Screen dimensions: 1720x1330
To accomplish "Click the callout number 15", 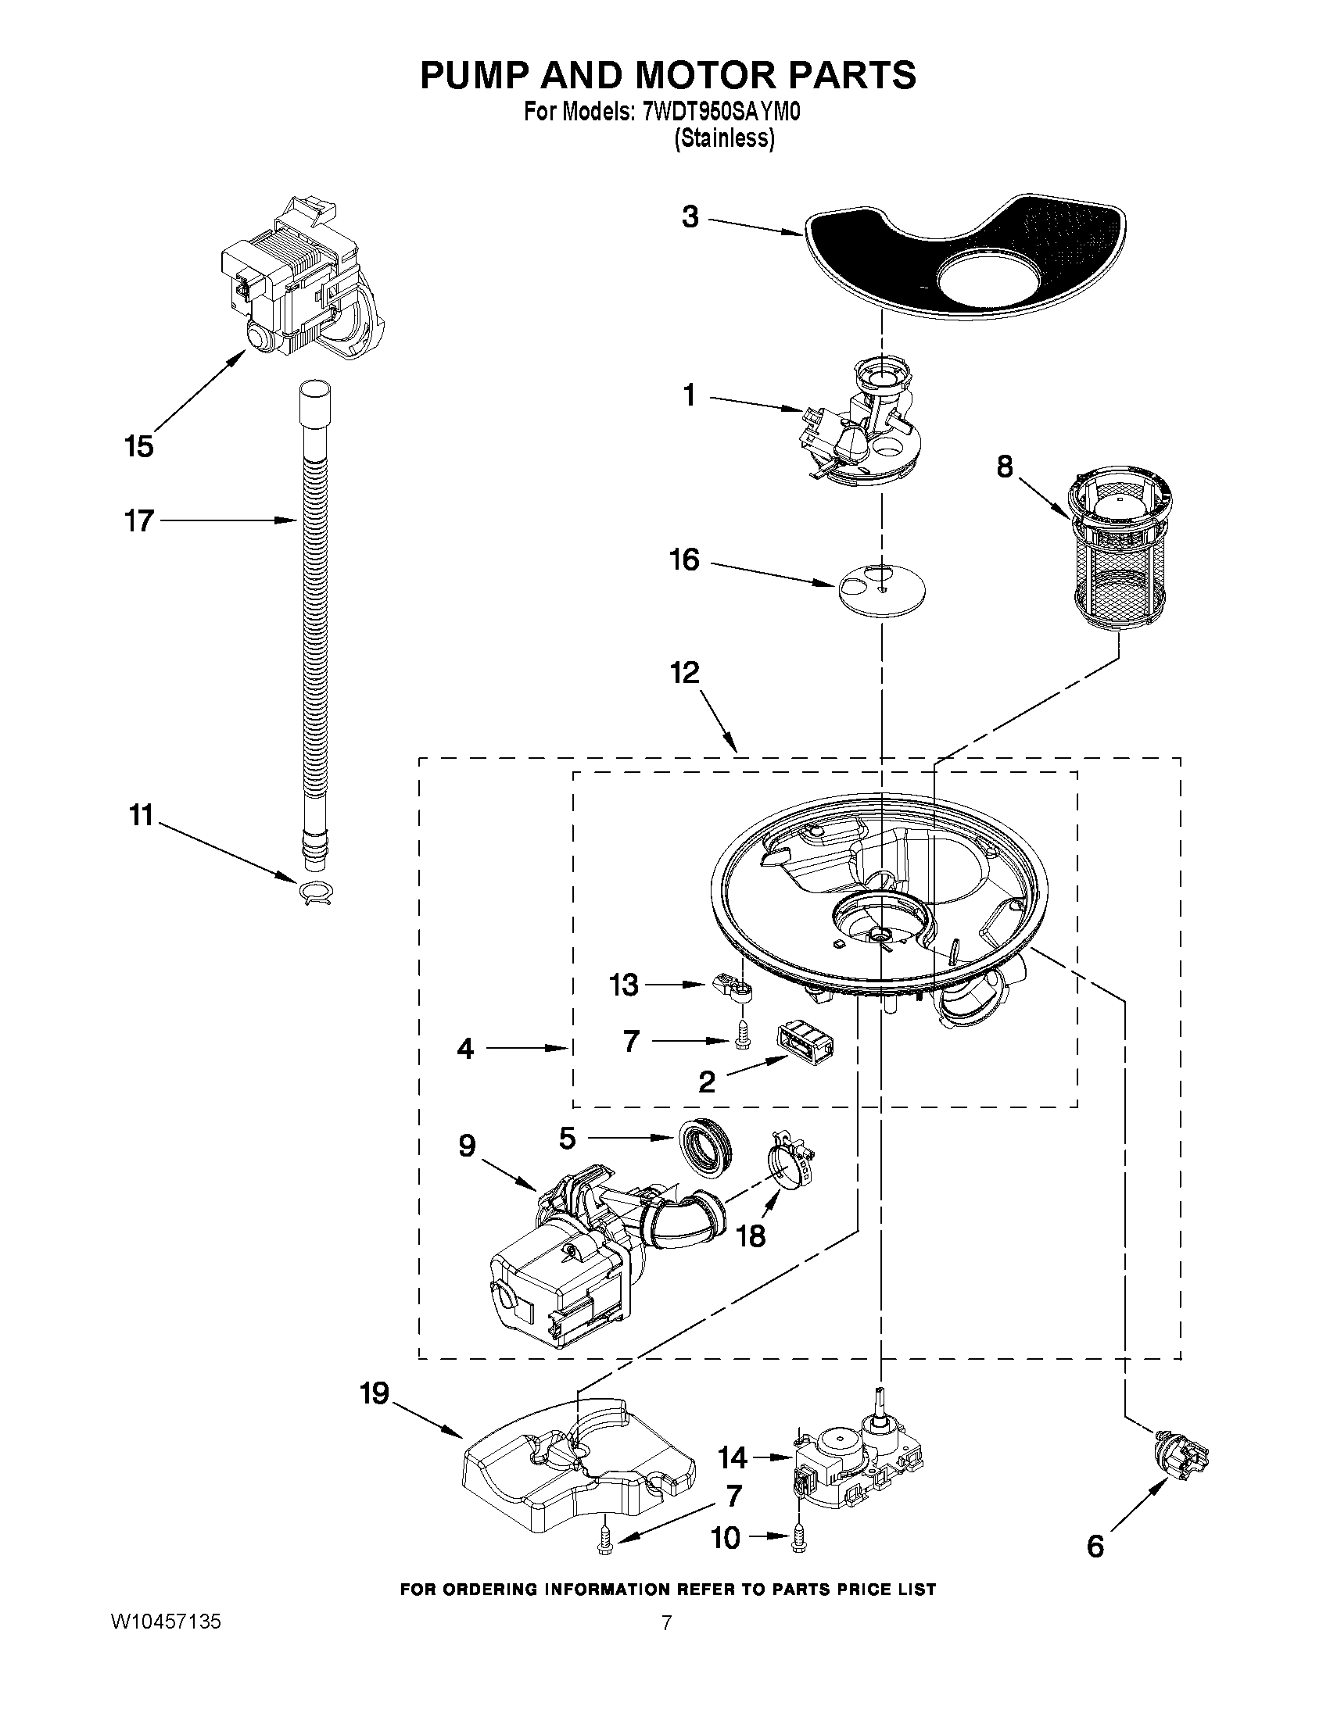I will pyautogui.click(x=138, y=446).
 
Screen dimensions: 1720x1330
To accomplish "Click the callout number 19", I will pyautogui.click(x=375, y=1394).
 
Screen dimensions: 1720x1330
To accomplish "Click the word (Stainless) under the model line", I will pyautogui.click(x=724, y=138).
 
